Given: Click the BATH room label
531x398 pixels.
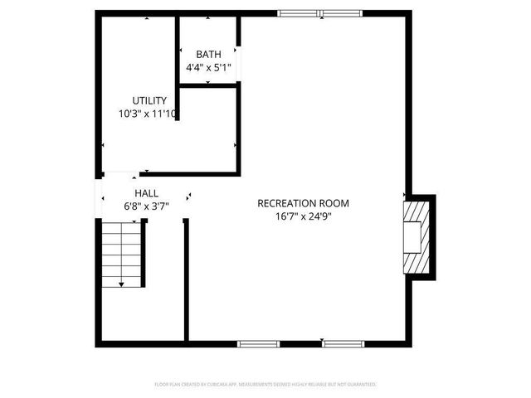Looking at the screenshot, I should (209, 54).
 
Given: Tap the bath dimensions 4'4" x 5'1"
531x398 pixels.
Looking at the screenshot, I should (209, 68).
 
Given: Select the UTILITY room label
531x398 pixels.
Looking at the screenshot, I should (149, 100).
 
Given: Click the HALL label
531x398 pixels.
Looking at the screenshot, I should (135, 192).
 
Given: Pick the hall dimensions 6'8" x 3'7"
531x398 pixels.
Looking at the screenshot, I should (146, 206).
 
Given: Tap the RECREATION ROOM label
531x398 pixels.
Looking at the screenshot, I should (303, 202).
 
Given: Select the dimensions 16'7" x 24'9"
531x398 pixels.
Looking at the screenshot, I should (303, 216).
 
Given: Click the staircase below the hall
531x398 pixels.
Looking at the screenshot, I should (122, 254).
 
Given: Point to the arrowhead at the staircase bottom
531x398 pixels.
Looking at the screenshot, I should (122, 284).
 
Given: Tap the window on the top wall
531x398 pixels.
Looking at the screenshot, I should (320, 12).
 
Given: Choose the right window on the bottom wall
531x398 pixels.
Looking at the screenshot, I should (343, 343).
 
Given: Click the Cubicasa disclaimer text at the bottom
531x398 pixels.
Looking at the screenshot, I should (265, 385).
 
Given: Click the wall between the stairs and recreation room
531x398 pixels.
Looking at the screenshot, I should (186, 279).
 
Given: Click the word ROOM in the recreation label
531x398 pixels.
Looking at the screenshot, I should (335, 202).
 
